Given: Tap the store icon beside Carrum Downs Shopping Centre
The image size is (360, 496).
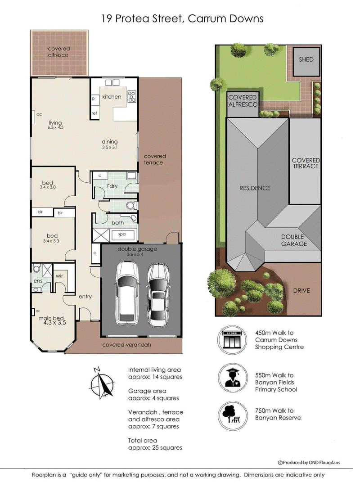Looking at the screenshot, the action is pyautogui.click(x=232, y=340).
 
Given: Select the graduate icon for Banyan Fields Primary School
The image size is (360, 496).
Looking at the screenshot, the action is pyautogui.click(x=233, y=379).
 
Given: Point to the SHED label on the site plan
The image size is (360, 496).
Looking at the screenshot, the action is pyautogui.click(x=306, y=59).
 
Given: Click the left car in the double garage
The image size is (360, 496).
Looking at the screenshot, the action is pyautogui.click(x=127, y=293).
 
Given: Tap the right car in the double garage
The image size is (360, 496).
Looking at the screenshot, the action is pyautogui.click(x=158, y=295).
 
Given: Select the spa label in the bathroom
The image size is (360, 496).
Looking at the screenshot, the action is pyautogui.click(x=122, y=234).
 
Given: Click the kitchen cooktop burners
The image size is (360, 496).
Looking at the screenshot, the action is pyautogui.click(x=131, y=96).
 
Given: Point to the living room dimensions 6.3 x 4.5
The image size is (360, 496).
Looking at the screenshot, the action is pyautogui.click(x=56, y=127).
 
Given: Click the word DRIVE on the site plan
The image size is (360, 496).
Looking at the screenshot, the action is pyautogui.click(x=301, y=290).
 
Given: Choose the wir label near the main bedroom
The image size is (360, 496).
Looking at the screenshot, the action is pyautogui.click(x=59, y=276).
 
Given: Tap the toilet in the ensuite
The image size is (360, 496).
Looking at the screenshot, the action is pyautogui.click(x=36, y=269).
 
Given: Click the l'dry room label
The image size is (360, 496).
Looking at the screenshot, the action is pyautogui.click(x=112, y=186).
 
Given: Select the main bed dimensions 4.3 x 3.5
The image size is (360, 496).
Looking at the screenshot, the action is pyautogui.click(x=55, y=323).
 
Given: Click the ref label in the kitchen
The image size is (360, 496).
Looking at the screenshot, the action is pyautogui.click(x=94, y=113).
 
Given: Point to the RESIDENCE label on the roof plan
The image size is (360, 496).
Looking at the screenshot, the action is pyautogui.click(x=255, y=188).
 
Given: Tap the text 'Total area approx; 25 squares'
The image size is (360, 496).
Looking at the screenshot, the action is pyautogui.click(x=155, y=444).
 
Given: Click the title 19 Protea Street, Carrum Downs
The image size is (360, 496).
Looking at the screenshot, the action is pyautogui.click(x=182, y=18).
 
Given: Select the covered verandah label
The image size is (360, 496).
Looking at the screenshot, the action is pyautogui.click(x=126, y=345).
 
